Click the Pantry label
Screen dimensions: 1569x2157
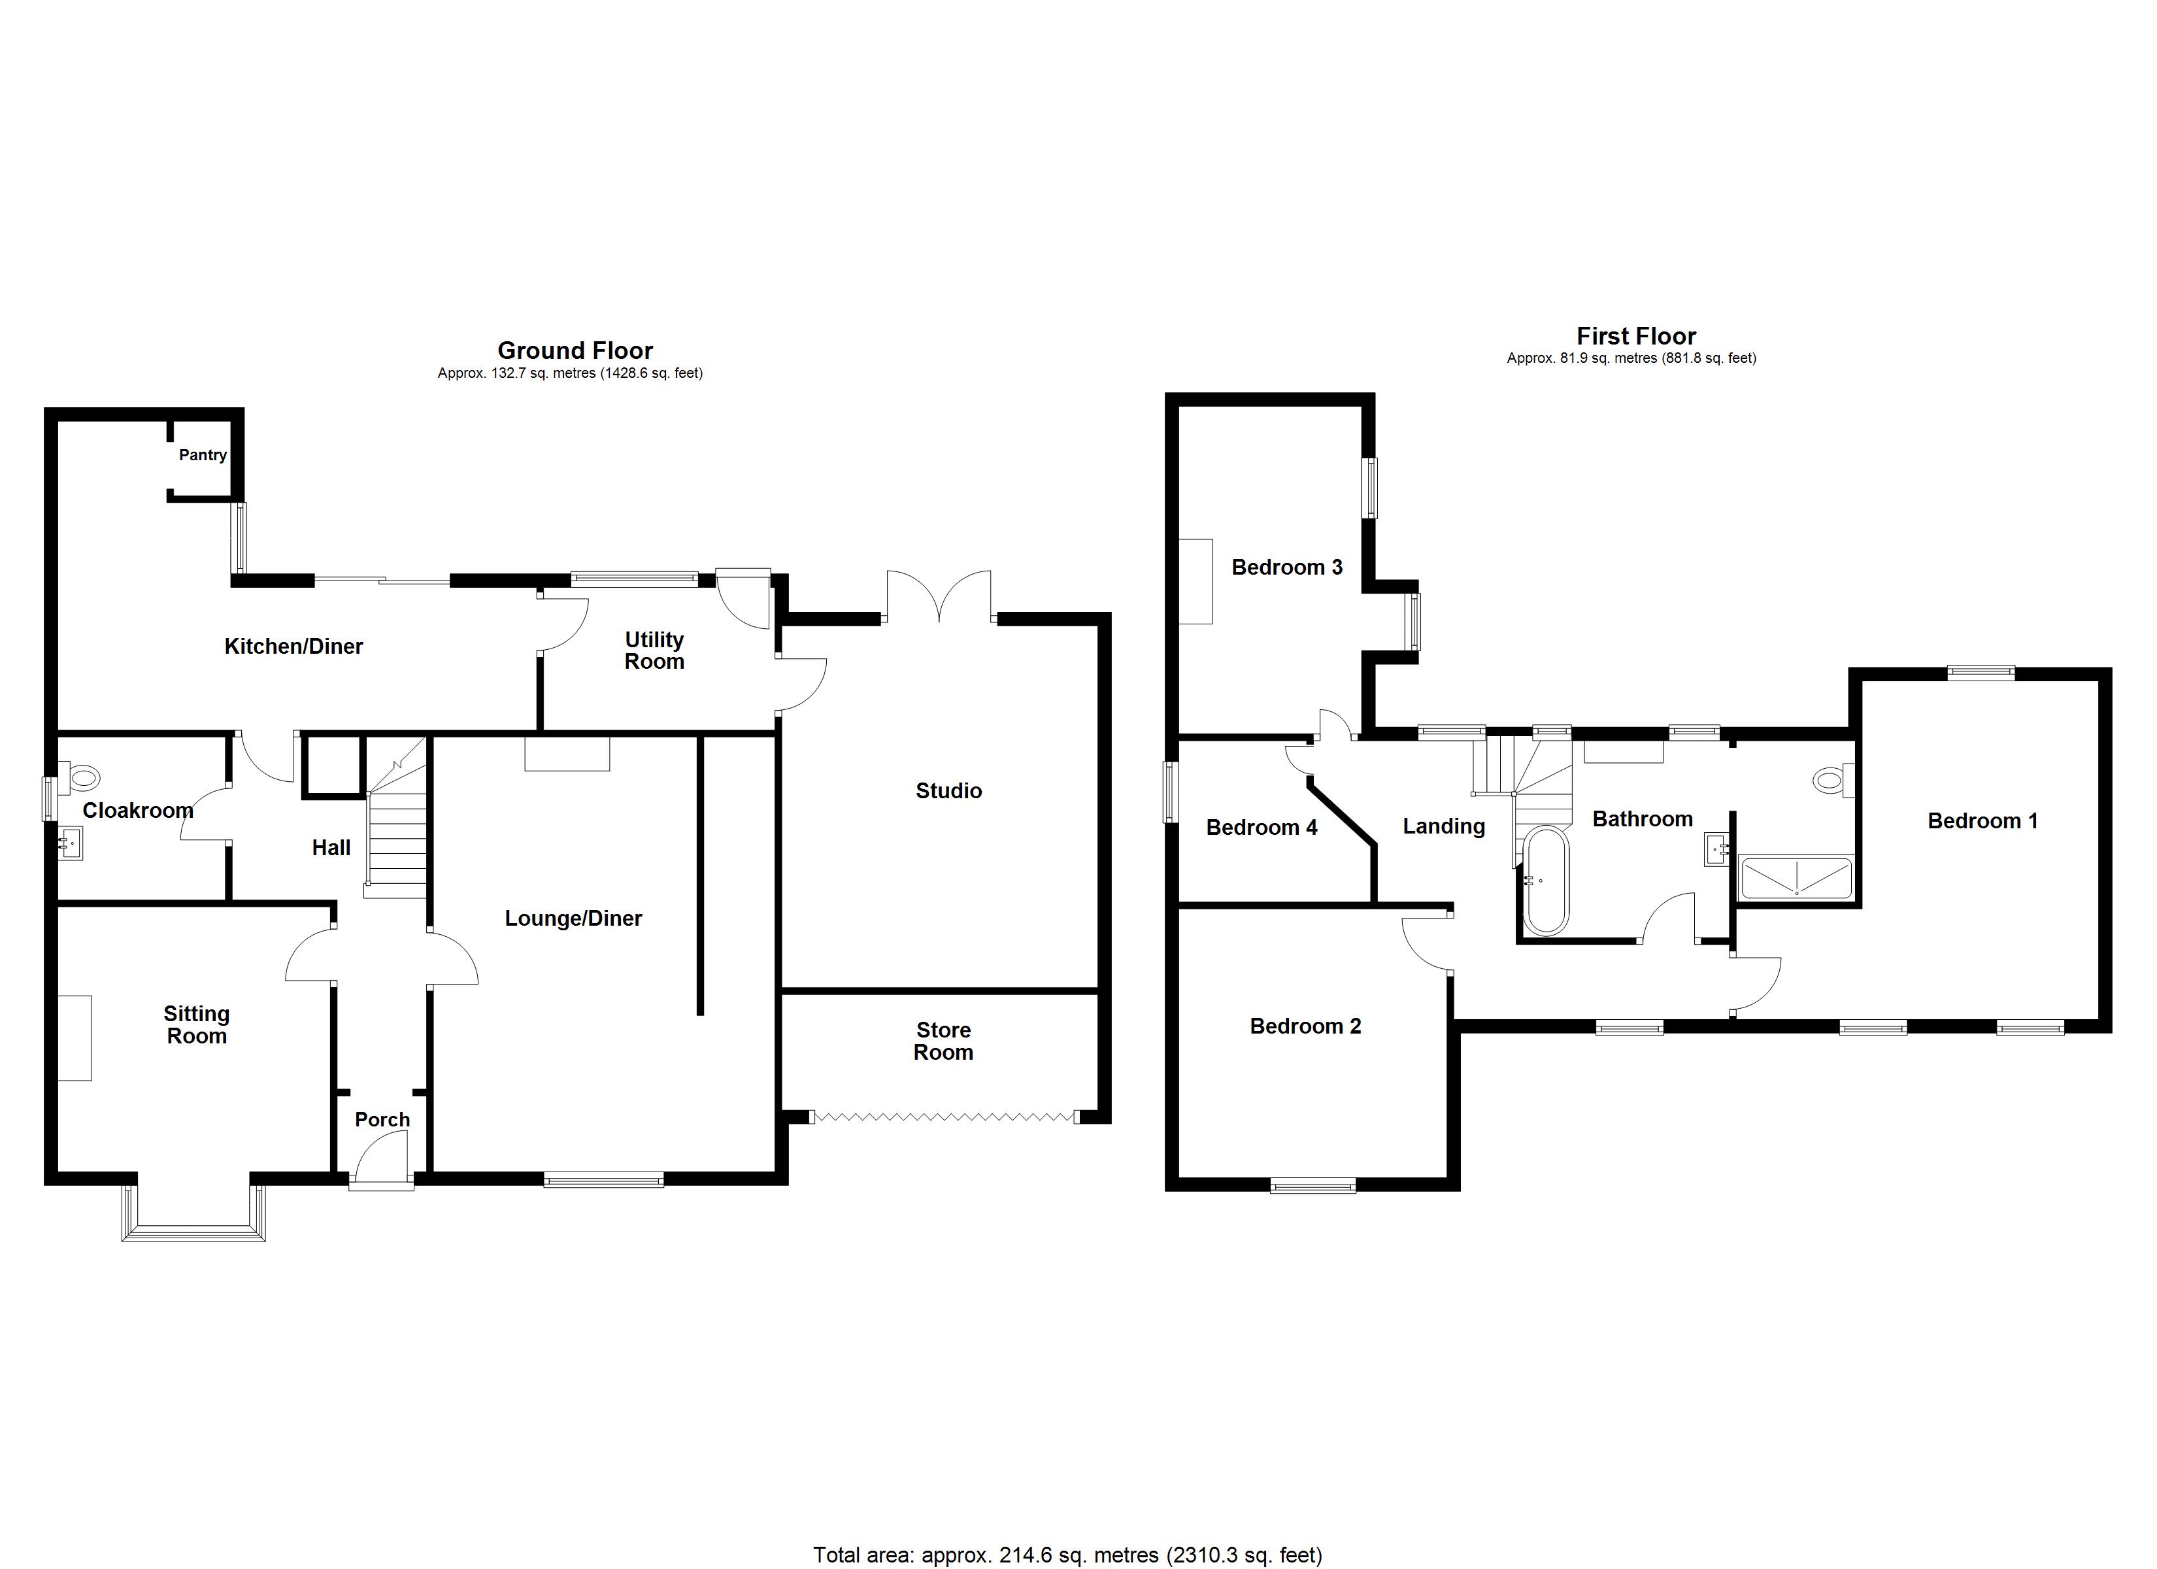(203, 455)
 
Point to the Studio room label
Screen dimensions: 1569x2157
(948, 790)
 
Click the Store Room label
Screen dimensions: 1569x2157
(943, 1041)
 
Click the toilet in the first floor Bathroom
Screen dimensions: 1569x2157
(1830, 780)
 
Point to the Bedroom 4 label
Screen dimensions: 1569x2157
(1261, 828)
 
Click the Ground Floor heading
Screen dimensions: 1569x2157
(575, 350)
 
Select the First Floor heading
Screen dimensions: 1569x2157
(1636, 336)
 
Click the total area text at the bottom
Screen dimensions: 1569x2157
(1067, 1555)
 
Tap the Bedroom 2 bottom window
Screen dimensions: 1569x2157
(1313, 1185)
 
